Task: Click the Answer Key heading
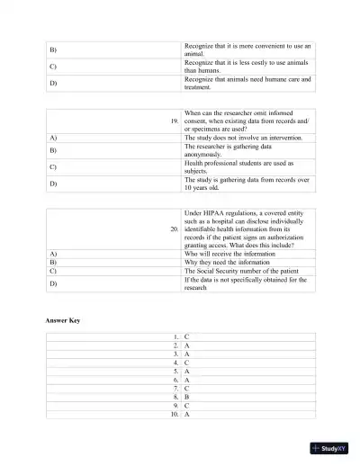tap(63, 320)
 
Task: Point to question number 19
tap(175, 120)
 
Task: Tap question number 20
tap(175, 229)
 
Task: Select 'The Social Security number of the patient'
tap(240, 270)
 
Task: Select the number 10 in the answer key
tap(175, 415)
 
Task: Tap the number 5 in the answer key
tap(176, 371)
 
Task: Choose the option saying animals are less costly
tap(247, 65)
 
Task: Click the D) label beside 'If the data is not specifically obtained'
tap(53, 283)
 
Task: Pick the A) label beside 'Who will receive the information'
tap(53, 253)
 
